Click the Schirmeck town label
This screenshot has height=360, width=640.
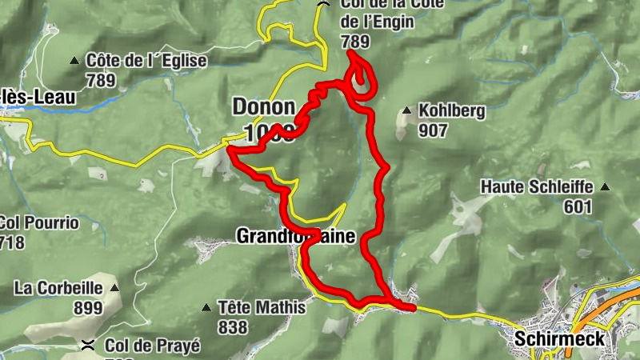pyautogui.click(x=560, y=338)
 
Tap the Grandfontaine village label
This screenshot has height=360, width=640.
pyautogui.click(x=295, y=236)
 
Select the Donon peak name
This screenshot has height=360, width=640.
pyautogui.click(x=263, y=106)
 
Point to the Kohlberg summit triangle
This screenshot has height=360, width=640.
pyautogui.click(x=408, y=111)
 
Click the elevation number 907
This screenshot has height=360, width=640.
pyautogui.click(x=433, y=130)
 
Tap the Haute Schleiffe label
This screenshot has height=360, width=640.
pyautogui.click(x=537, y=187)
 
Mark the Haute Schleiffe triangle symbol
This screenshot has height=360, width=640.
pyautogui.click(x=604, y=187)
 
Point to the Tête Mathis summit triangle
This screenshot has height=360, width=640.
pyautogui.click(x=206, y=307)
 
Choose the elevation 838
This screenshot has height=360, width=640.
pyautogui.click(x=233, y=326)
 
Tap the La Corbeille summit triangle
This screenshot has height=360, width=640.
pyautogui.click(x=115, y=287)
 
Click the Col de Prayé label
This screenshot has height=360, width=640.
pyautogui.click(x=153, y=346)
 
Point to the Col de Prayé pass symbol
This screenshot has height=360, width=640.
pyautogui.click(x=90, y=345)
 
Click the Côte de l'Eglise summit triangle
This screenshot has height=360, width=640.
pyautogui.click(x=74, y=61)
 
